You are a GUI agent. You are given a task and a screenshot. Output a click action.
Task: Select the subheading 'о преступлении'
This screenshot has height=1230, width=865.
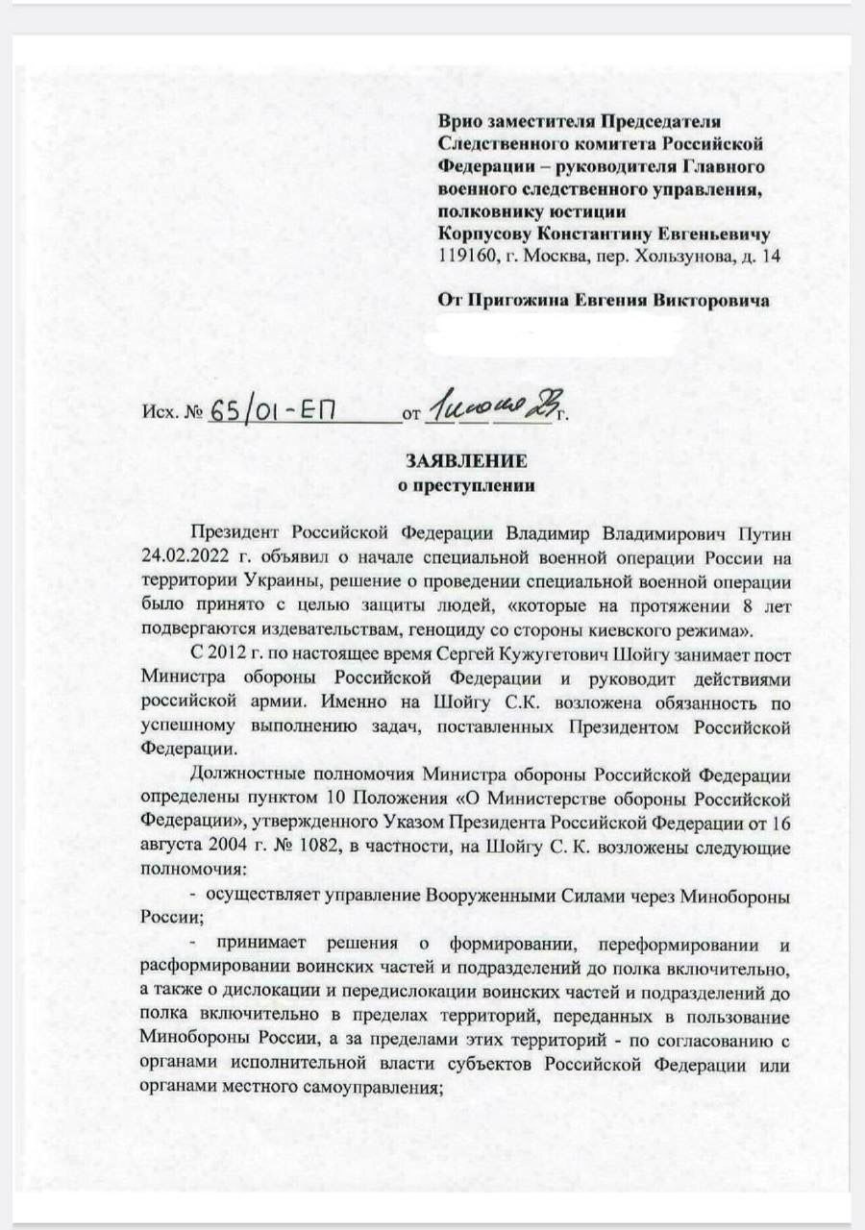coord(466,485)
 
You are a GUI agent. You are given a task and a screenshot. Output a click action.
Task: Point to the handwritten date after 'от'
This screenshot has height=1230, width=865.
coord(489,410)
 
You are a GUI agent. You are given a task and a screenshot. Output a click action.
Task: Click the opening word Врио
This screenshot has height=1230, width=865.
coord(458,122)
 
